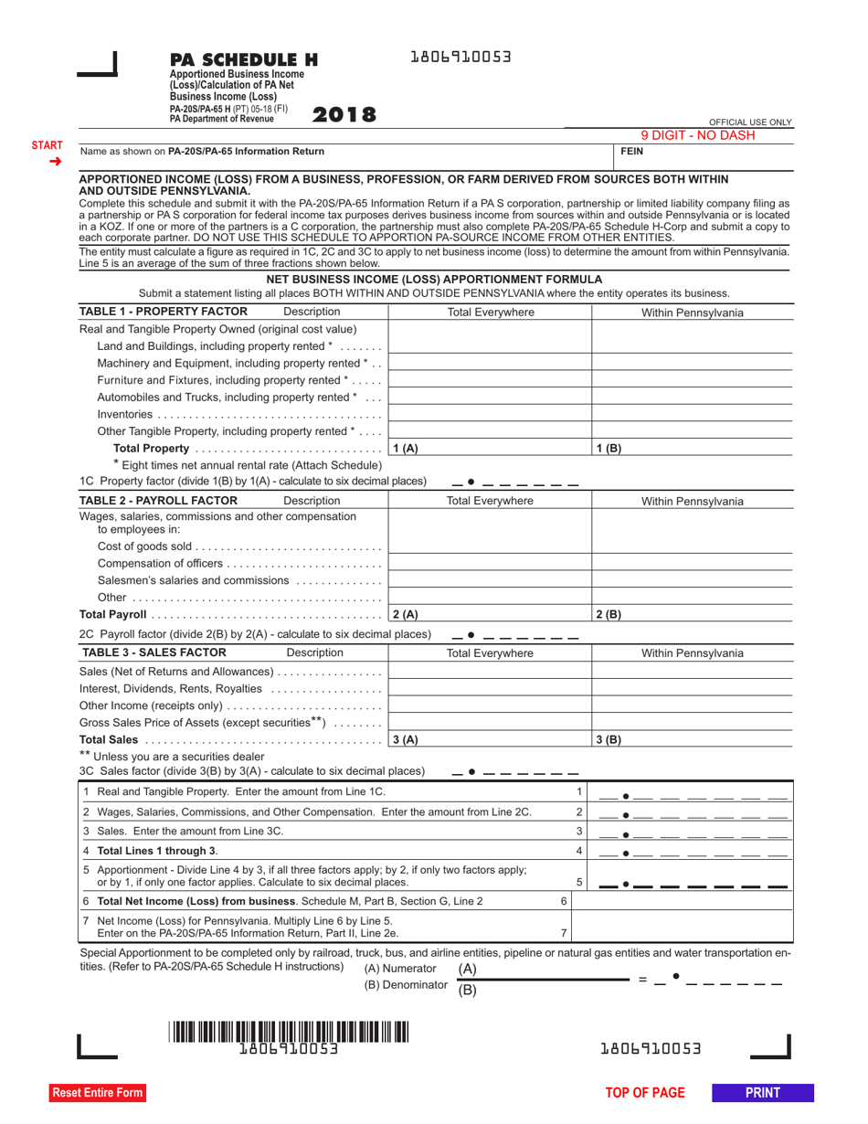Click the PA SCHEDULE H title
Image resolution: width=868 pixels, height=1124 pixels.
point(244,60)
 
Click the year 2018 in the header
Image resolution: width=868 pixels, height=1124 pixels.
point(344,115)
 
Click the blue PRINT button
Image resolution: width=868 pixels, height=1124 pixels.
point(762,1092)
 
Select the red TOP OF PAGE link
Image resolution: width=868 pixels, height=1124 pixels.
point(644,1092)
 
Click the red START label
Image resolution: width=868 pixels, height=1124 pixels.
point(48,145)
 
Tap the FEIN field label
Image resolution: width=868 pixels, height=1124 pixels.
point(633,152)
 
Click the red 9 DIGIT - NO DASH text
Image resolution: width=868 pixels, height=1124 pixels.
point(697,135)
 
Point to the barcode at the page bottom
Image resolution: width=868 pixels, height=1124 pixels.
point(289,1033)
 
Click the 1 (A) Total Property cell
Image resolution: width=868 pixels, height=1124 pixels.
point(490,448)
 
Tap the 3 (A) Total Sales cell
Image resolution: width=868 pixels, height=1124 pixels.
point(490,739)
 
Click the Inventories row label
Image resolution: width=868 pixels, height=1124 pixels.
point(125,414)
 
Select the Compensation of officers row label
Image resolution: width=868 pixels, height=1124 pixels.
point(160,563)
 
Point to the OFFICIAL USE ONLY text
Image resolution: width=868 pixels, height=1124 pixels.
point(750,122)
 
